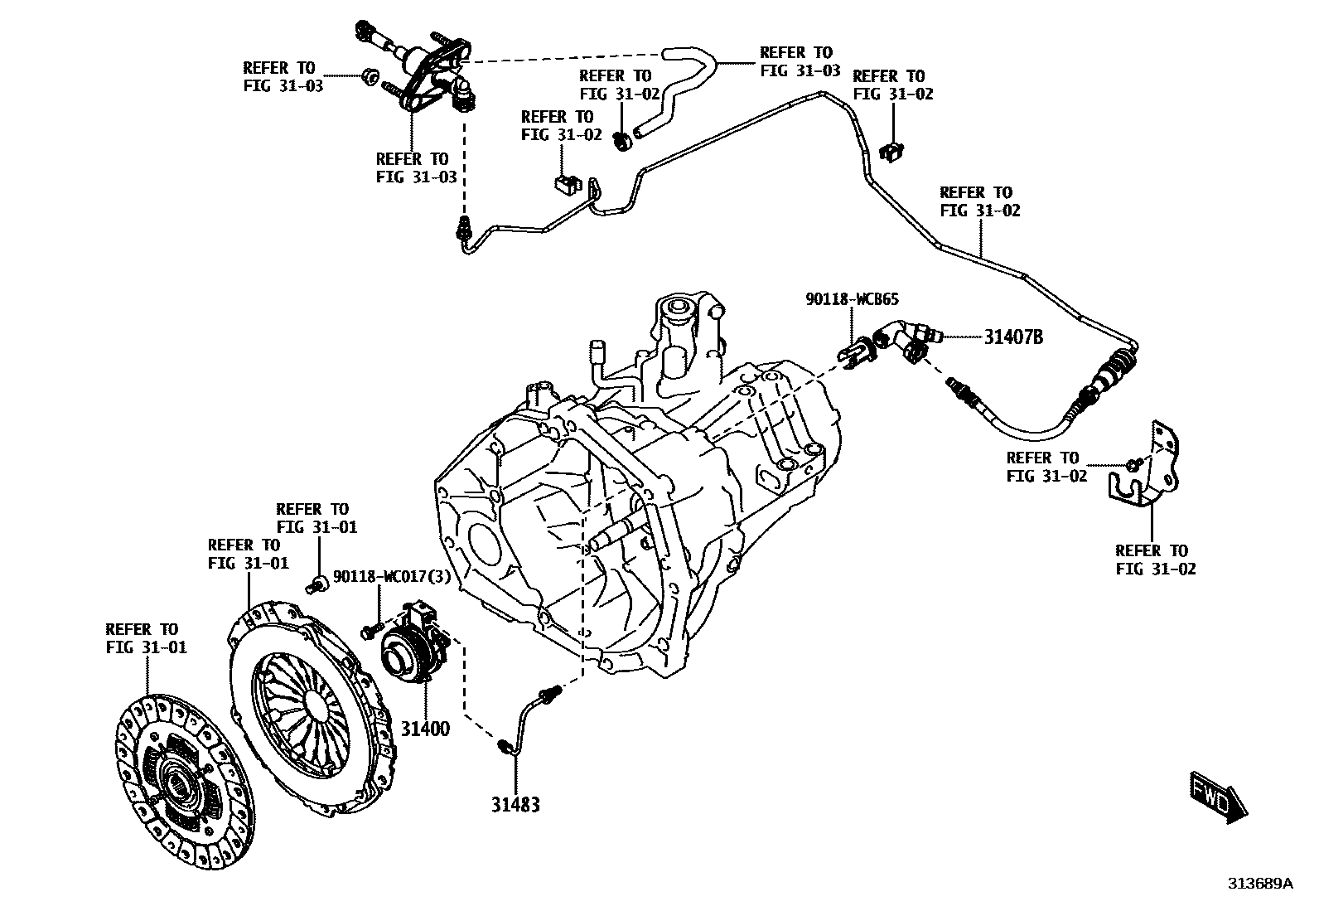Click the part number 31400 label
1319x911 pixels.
click(x=426, y=729)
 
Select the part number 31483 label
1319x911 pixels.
click(x=515, y=804)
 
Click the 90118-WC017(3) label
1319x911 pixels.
click(x=392, y=577)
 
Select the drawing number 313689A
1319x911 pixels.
click(x=1260, y=884)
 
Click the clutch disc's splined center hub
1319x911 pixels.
click(x=179, y=783)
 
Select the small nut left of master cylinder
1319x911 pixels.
click(x=369, y=78)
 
